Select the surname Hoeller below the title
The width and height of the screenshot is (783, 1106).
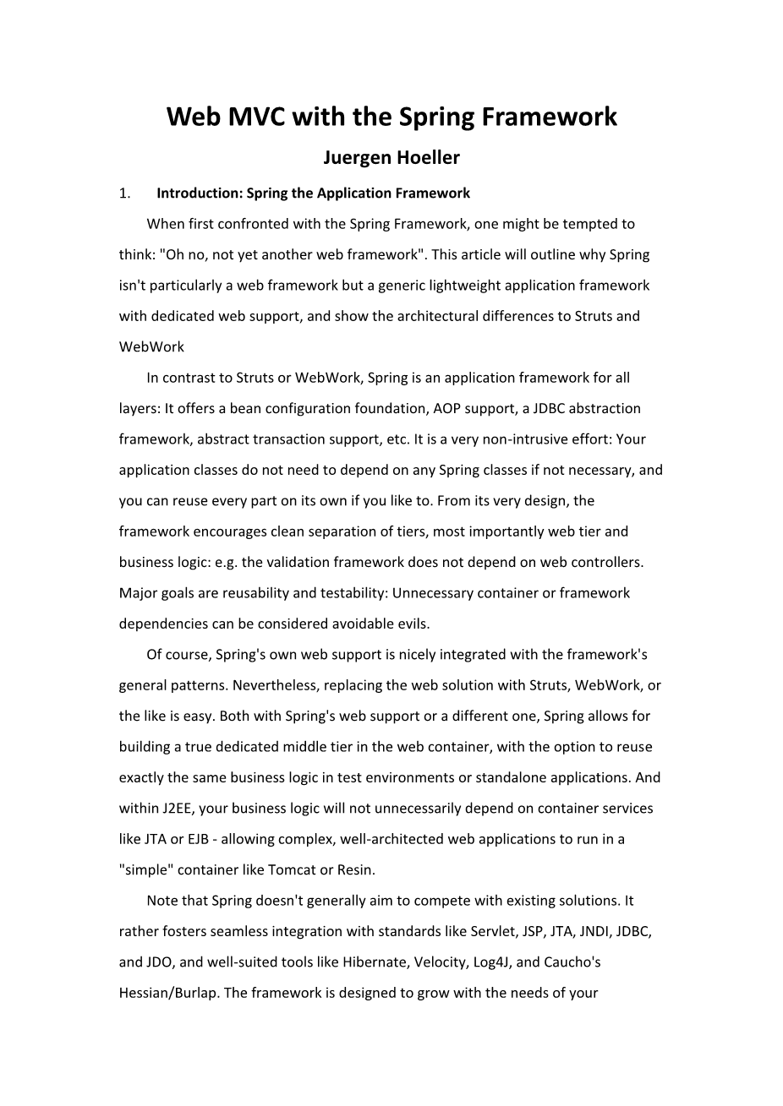pyautogui.click(x=430, y=158)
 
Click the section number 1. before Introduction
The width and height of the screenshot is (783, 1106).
pyautogui.click(x=124, y=193)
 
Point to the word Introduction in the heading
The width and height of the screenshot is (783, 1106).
pyautogui.click(x=199, y=193)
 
